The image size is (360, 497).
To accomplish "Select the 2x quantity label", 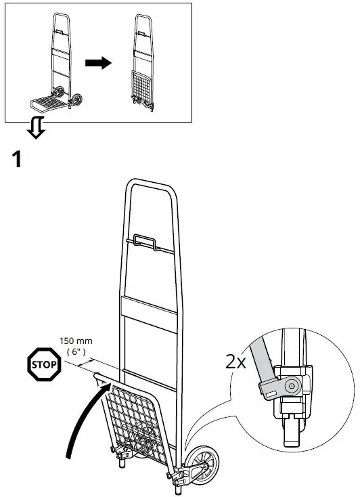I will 235,361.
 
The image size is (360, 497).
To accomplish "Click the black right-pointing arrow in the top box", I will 98,62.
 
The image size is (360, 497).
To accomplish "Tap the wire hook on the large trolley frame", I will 145,240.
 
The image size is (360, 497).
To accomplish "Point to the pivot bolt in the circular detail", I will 292,386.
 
